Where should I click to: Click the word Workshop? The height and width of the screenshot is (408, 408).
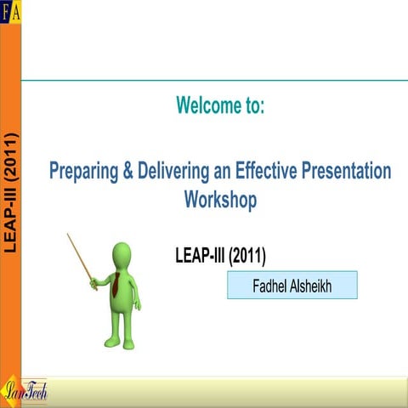(x=220, y=200)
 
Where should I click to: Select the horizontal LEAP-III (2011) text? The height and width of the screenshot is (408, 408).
(x=225, y=256)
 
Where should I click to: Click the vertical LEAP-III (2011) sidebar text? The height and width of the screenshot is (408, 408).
(x=10, y=191)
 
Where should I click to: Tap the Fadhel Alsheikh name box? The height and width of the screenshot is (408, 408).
(x=292, y=286)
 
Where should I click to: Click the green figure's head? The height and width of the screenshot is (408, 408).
(x=122, y=254)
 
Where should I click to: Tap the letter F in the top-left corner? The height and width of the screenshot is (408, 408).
(x=5, y=7)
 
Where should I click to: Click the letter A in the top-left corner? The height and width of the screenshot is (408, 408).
(x=16, y=7)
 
